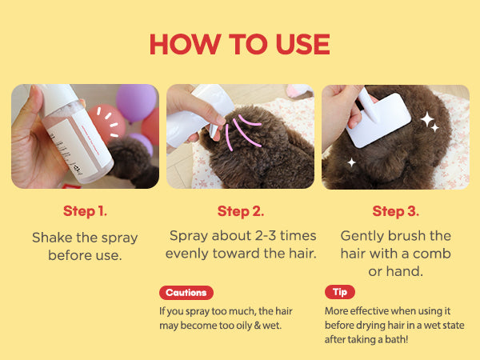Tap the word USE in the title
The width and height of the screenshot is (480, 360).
[x=302, y=44]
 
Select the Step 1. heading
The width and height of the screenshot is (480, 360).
[x=85, y=211]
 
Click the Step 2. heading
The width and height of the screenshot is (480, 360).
[x=241, y=211]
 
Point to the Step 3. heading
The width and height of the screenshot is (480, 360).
[x=395, y=211]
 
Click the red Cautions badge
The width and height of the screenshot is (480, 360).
[x=186, y=293]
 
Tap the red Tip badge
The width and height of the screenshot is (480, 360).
[x=340, y=292]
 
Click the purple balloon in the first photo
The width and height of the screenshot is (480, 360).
[x=136, y=102]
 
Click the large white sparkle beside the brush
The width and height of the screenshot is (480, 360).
[x=427, y=118]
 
